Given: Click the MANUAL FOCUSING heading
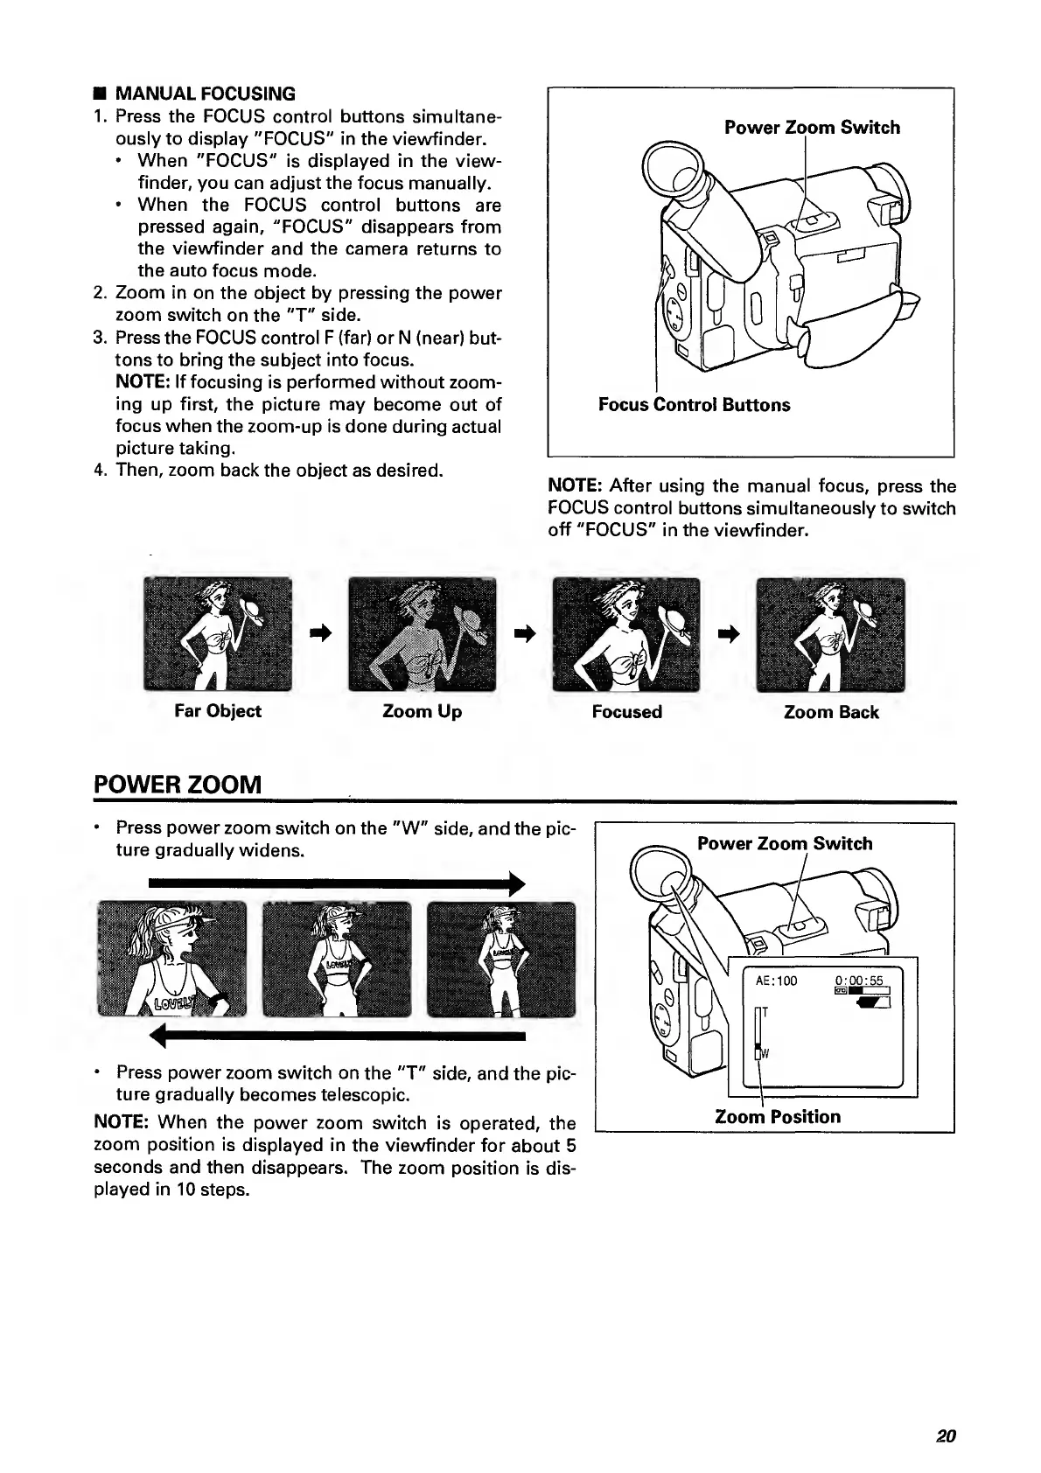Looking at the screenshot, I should pos(205,94).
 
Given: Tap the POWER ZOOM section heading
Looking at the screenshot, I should pos(178,783).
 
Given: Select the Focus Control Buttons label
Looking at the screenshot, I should pos(694,405).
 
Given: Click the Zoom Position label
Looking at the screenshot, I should pos(777,1117).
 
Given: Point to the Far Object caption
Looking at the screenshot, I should pos(218,711).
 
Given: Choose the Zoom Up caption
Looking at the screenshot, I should pos(422,712).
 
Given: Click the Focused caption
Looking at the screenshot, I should pos(626,712).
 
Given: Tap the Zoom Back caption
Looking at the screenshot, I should pos(831,712).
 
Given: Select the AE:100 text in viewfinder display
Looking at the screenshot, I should pos(776,981).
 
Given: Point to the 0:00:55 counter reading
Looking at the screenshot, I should pos(860,980).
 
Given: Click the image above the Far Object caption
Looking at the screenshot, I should pos(218,634).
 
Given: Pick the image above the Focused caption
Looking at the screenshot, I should pos(626,634).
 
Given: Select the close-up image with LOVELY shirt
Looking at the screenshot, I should pos(172,959).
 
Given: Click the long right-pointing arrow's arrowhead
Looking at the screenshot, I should pos(516,883).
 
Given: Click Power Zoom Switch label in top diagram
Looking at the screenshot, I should pos(812,128).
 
